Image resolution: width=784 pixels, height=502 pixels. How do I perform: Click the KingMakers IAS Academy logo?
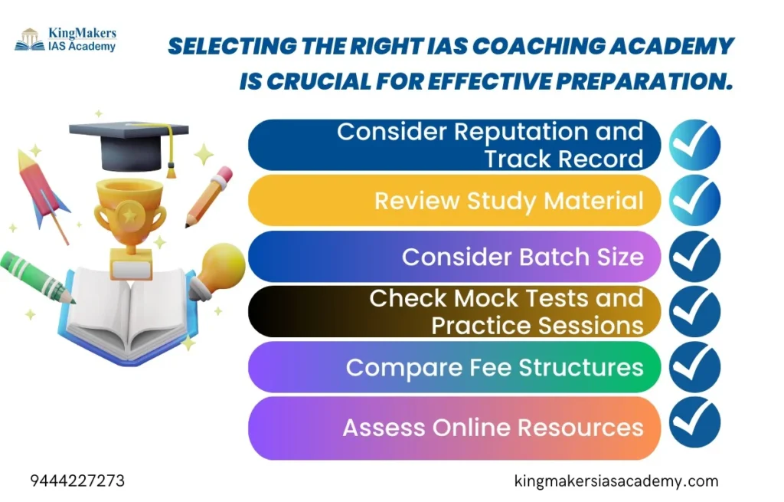click(66, 40)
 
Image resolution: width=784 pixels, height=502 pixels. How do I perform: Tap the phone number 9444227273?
click(77, 481)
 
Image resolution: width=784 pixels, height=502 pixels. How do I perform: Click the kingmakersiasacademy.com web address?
click(616, 481)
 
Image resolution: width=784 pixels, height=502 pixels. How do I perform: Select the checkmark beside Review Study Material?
click(694, 200)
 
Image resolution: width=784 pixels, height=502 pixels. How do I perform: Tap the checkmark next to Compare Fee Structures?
click(694, 367)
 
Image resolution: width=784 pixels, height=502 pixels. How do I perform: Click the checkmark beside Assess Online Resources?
click(694, 422)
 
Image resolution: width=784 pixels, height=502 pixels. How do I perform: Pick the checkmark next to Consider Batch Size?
click(694, 256)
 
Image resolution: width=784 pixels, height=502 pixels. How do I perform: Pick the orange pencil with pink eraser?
click(209, 196)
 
